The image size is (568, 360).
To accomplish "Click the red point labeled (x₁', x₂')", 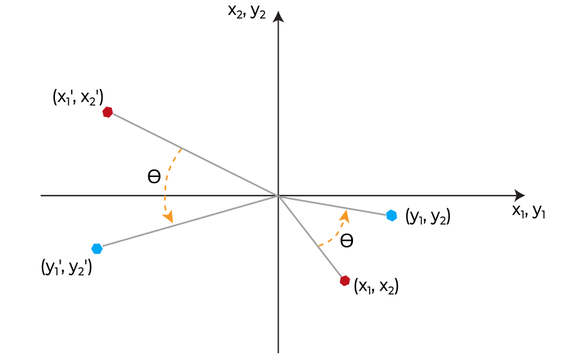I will coord(108,112).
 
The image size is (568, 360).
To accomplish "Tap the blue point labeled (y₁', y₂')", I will coord(96,249).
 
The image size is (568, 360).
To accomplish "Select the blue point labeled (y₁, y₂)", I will coord(391,215).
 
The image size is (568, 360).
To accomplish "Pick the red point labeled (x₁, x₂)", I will coord(345,281).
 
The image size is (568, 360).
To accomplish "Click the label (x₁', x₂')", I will coord(78,97).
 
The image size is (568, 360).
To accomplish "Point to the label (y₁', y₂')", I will coord(67,268).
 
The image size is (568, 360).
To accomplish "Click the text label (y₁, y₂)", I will coord(428,216).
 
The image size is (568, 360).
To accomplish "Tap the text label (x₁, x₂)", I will coord(376,286).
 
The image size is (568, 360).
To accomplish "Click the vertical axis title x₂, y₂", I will coord(247,12).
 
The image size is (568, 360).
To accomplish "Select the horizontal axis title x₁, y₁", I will coord(528,212).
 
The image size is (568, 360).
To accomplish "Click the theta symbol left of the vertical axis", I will coord(154,177).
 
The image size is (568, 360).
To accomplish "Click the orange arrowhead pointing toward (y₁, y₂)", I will coord(345,215).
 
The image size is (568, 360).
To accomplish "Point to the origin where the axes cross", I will coord(279,195).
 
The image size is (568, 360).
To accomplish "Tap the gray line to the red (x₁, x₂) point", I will coord(312,238).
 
